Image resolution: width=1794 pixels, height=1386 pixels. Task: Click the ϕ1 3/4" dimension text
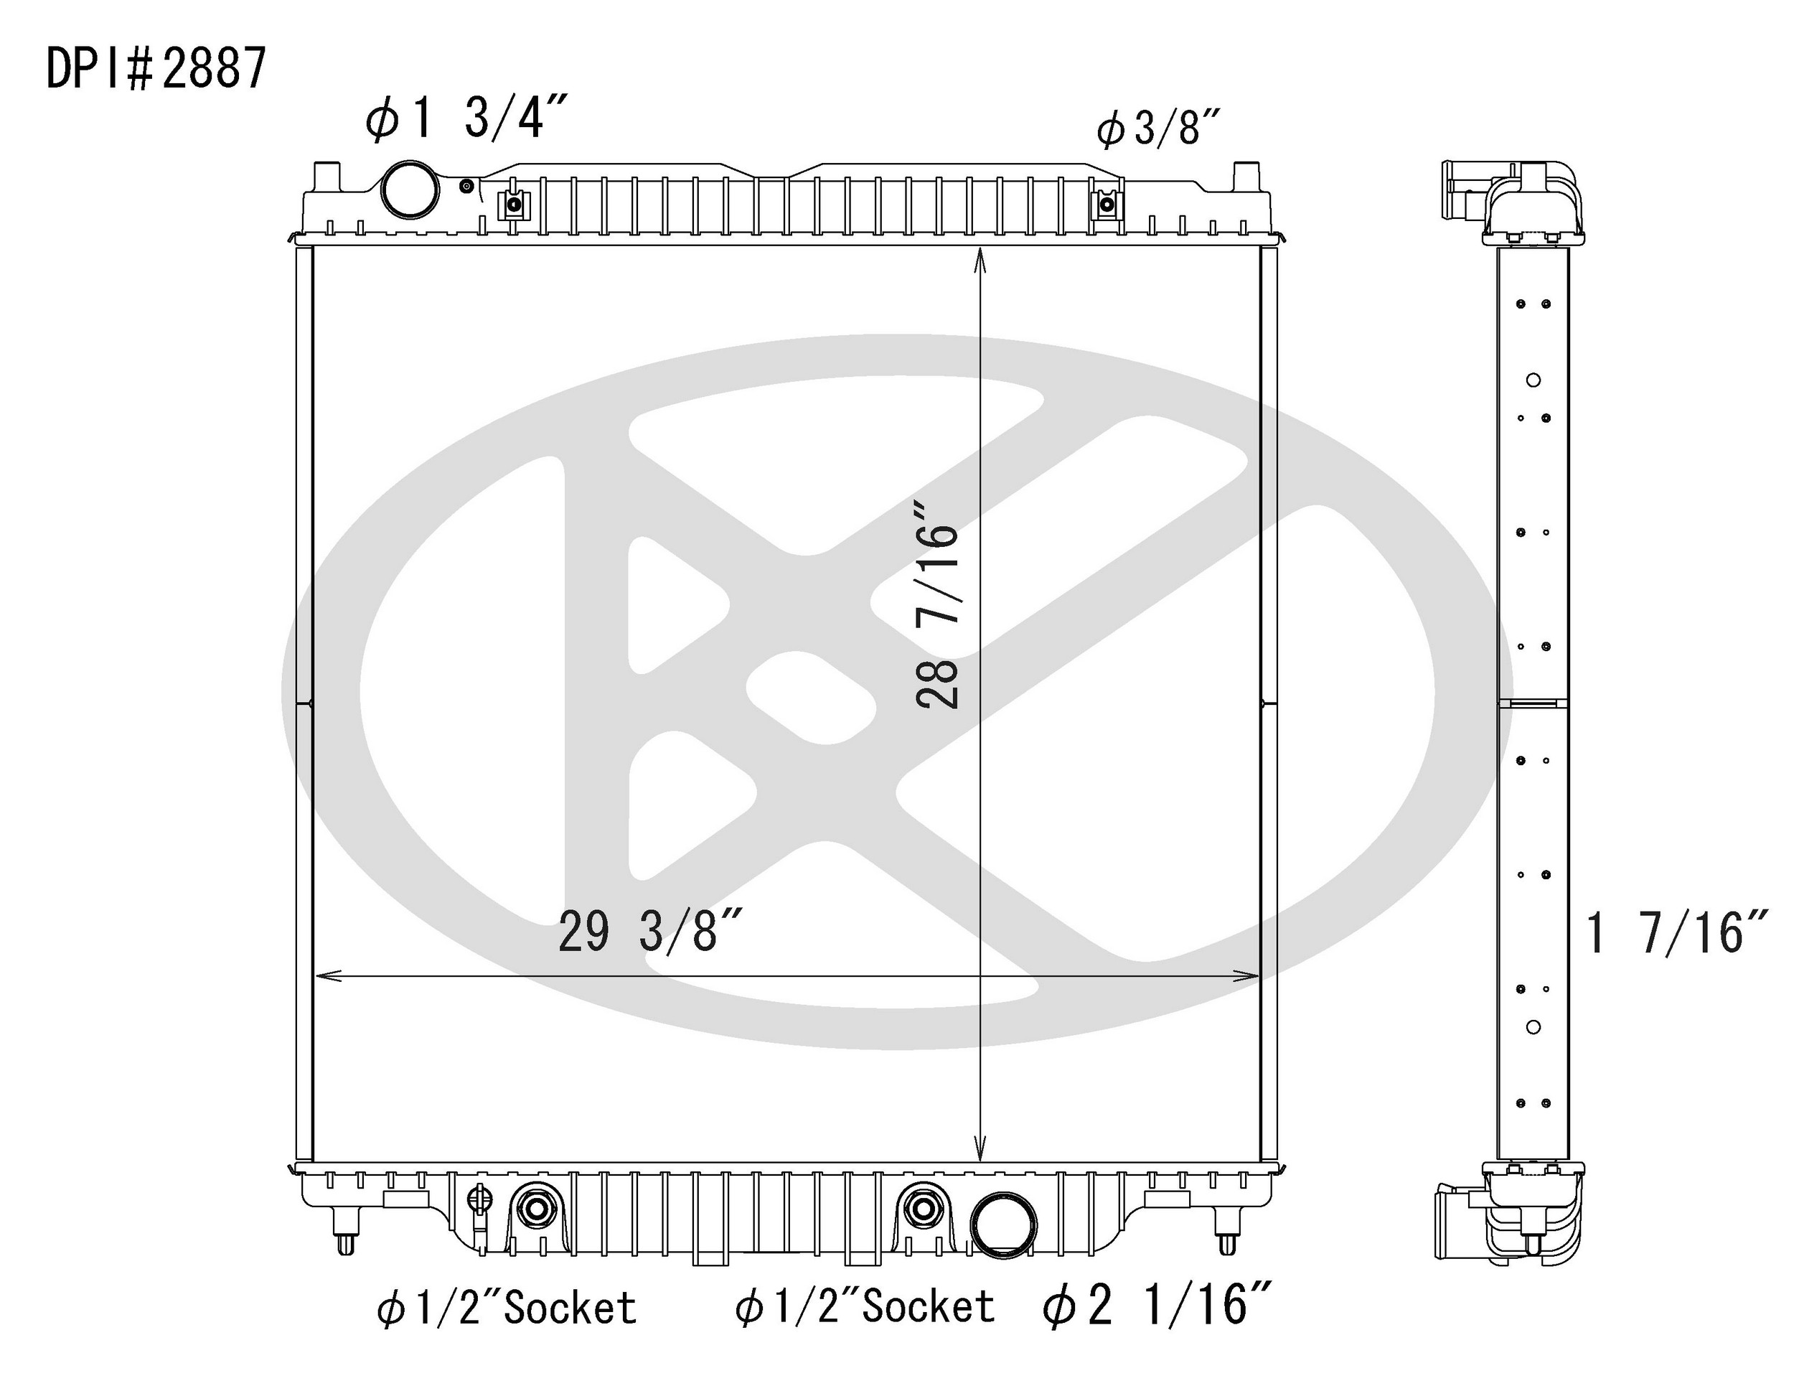tap(466, 119)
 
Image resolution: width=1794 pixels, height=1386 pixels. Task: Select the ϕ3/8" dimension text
tap(1158, 130)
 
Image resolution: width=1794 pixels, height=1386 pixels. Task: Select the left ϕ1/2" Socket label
tap(507, 1307)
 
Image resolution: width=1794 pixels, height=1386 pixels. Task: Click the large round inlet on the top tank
tap(410, 189)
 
